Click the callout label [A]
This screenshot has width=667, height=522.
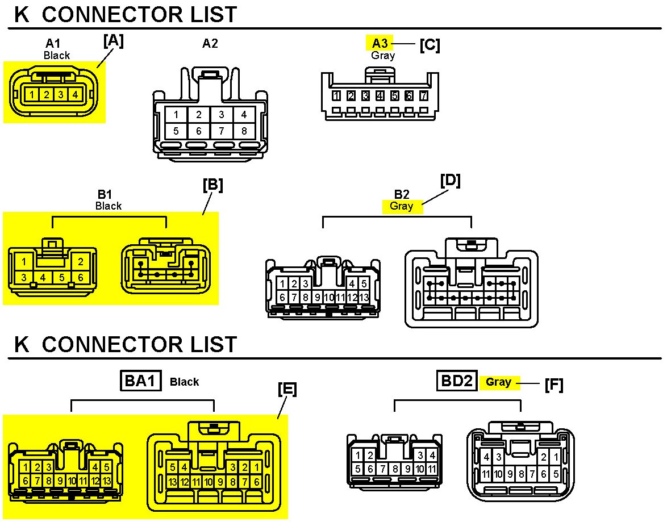pos(113,41)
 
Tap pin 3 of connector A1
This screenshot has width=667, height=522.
pos(60,94)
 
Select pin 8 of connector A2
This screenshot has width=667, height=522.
pos(244,131)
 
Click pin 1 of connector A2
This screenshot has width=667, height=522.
pos(176,114)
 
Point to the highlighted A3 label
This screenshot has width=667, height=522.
pos(380,43)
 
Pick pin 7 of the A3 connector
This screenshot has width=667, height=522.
pos(423,95)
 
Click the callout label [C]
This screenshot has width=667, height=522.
pos(430,45)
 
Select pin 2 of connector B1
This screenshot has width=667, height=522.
pos(81,262)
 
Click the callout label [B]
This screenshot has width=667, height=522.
pos(212,185)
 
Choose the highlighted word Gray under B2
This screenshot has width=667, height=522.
pos(402,206)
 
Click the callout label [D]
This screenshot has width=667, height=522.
pos(450,181)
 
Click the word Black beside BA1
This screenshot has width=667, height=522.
pos(184,382)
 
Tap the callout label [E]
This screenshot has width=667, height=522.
pos(287,389)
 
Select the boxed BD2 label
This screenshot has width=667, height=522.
pos(457,381)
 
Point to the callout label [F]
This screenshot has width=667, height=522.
pos(553,386)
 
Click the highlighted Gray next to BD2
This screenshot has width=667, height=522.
pos(498,382)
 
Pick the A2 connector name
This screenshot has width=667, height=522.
pos(210,43)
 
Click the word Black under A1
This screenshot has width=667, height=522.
pos(57,55)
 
